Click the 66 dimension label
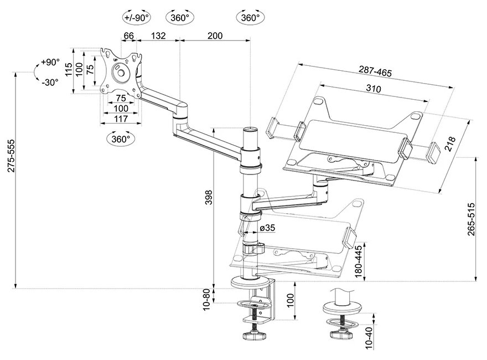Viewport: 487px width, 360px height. (128, 35)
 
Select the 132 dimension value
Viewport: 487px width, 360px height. (159, 35)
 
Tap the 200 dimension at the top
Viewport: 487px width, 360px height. (215, 35)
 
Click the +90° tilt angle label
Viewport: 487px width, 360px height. (49, 62)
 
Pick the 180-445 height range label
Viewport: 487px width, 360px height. (359, 262)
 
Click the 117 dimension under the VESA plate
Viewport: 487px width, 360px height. (121, 119)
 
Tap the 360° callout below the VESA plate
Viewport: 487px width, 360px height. (120, 138)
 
